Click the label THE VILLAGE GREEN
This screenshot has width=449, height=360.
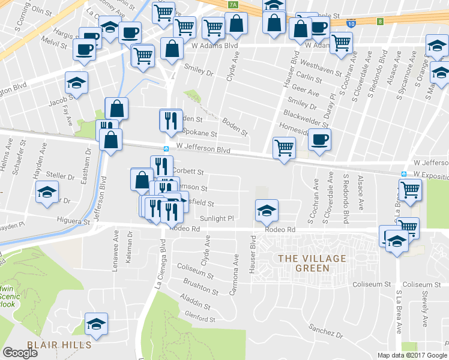312,263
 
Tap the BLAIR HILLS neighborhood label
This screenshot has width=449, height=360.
59,344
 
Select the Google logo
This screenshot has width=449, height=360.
20,353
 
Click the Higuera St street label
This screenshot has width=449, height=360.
74,221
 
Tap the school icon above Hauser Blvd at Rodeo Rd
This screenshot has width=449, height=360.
267,210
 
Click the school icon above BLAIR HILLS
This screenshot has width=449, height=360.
95,323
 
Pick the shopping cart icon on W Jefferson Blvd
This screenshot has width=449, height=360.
283,147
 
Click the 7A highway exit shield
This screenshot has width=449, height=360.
234,5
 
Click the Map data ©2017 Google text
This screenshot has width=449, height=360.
412,355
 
